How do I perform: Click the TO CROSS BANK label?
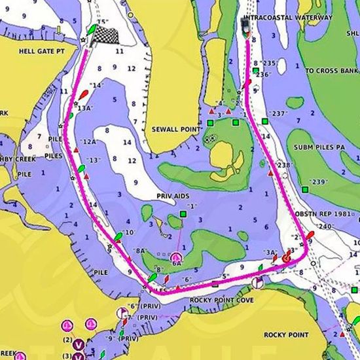tap(331, 70)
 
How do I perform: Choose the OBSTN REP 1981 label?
tap(327, 214)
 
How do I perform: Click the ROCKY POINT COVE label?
tap(221, 300)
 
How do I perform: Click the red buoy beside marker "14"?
tap(82, 96)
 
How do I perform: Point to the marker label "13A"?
tap(84, 109)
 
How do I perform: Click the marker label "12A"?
tap(89, 142)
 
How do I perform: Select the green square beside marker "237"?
tap(265, 122)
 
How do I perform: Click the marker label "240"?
tap(325, 226)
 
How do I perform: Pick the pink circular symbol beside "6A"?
tap(175, 257)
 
